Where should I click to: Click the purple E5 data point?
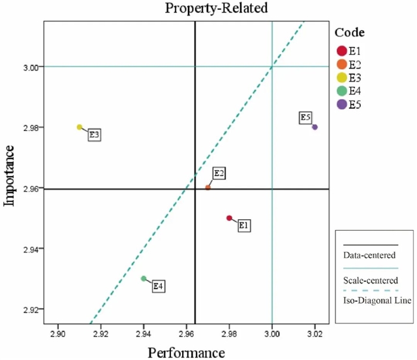315,127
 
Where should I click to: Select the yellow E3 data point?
79,127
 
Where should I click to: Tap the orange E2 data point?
208,187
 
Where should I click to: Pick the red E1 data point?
229,218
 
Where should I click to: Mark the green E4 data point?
144,278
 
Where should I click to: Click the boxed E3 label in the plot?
94,134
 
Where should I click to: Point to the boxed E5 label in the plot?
305,117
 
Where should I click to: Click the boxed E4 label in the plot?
159,286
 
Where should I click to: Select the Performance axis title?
187,352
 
